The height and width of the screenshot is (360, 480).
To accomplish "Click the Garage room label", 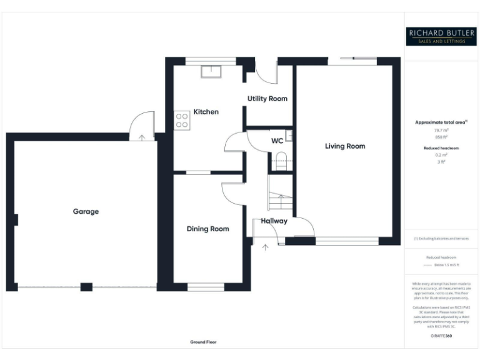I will pos(86,211).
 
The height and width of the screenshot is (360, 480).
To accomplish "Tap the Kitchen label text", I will pos(206,112).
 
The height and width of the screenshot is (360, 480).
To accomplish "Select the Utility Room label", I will pos(267,99).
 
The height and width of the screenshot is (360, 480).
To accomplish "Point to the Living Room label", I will pos(344,146).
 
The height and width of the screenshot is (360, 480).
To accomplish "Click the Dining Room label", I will pos(207,229).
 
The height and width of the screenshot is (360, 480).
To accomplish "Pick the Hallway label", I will pos(274,221).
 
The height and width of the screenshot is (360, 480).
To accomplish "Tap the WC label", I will pos(277,141).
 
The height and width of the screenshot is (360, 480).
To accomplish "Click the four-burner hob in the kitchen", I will pos(182,120).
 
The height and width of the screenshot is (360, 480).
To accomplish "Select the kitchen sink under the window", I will pos(207,71).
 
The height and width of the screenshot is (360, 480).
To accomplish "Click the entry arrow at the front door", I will pos(265,248).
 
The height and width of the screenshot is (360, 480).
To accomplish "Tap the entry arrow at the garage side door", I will pos(142,137).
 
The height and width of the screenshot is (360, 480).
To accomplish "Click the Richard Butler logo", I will pos(441,36).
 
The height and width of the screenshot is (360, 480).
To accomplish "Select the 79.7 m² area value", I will pos(441,130).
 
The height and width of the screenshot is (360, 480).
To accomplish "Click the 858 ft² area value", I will pos(441,137).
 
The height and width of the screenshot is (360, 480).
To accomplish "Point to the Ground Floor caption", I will pos(203,342).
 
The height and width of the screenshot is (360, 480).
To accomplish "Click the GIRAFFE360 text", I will pos(441,336).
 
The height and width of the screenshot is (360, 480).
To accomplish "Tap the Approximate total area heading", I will pos(440,122).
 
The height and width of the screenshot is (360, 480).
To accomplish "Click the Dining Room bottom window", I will pos(206,287).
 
